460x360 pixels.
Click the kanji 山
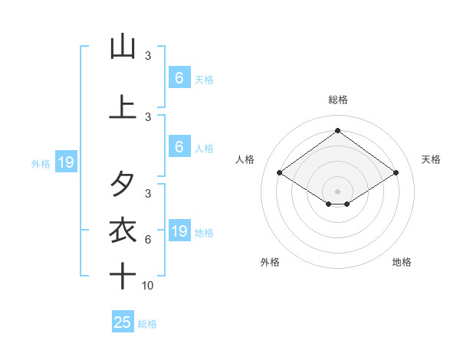(x=123, y=47)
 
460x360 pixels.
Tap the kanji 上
(x=123, y=106)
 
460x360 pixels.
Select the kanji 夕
(x=123, y=184)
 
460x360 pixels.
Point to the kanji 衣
(x=123, y=230)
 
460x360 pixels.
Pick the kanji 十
(x=123, y=276)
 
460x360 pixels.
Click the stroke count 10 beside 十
(x=148, y=286)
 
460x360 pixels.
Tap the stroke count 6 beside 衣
(x=148, y=240)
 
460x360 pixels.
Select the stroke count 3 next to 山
(x=148, y=56)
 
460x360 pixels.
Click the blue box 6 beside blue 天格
(x=179, y=77)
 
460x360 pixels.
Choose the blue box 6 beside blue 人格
(x=179, y=146)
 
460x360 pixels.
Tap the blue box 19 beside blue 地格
(x=179, y=231)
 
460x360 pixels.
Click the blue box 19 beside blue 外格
(x=65, y=162)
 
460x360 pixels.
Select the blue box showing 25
(x=123, y=322)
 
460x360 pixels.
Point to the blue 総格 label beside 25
(x=148, y=324)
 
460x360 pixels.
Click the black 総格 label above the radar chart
(x=338, y=100)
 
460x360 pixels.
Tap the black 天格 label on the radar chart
(x=432, y=159)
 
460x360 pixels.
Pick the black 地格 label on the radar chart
(x=402, y=262)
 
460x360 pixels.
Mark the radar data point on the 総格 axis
(x=338, y=131)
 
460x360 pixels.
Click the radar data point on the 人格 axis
(x=280, y=173)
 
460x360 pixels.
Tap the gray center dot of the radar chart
(x=338, y=191)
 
